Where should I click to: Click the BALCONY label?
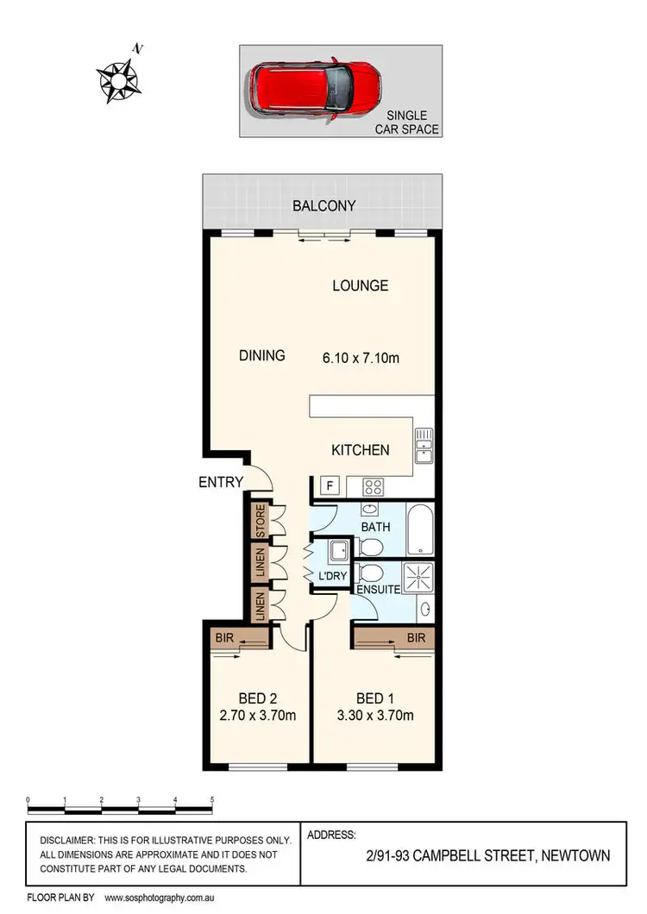click(323, 206)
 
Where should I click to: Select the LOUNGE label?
click(361, 285)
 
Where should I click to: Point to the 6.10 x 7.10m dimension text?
click(360, 355)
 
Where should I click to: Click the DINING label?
click(261, 355)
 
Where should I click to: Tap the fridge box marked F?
click(328, 485)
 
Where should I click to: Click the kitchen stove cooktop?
click(373, 486)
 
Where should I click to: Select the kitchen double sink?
click(424, 445)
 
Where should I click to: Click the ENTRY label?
click(222, 482)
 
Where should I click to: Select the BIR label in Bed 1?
click(417, 638)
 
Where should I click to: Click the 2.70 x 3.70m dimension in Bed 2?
click(255, 715)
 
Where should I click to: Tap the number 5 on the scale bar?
click(211, 799)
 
